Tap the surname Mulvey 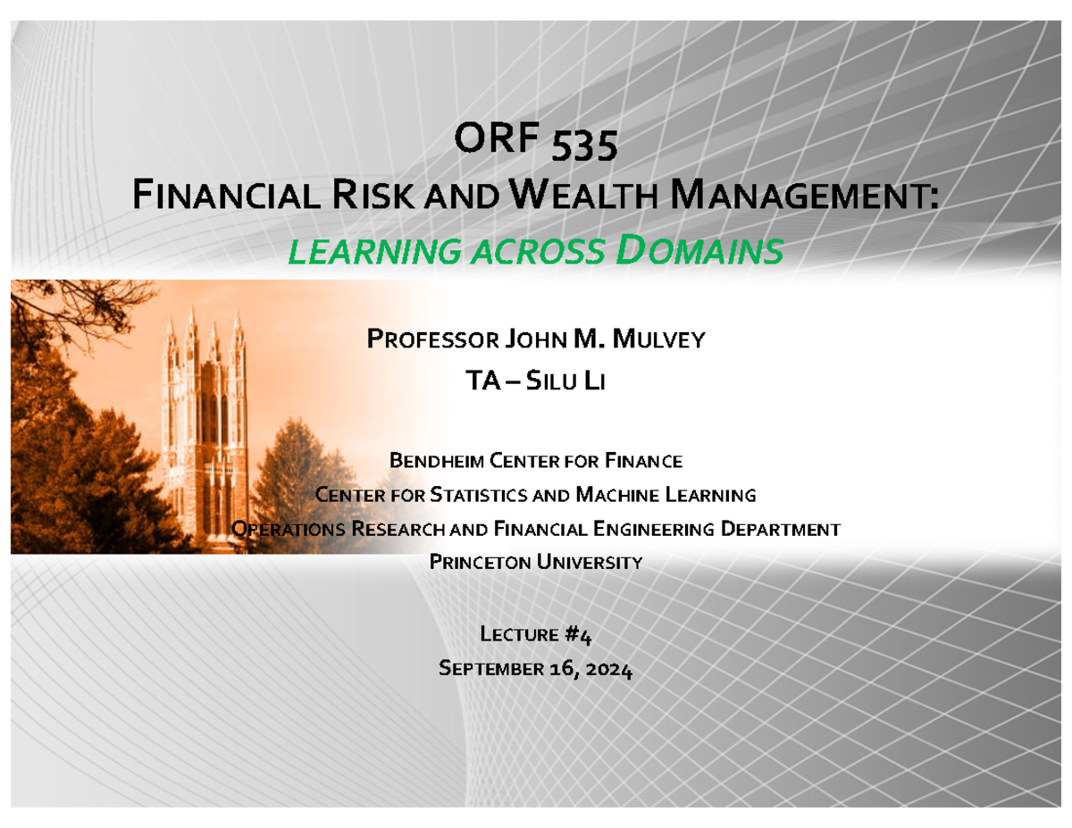[660, 339]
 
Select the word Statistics [478, 495]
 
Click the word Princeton [482, 562]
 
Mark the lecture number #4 [578, 635]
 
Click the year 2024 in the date [609, 670]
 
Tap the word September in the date [490, 670]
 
